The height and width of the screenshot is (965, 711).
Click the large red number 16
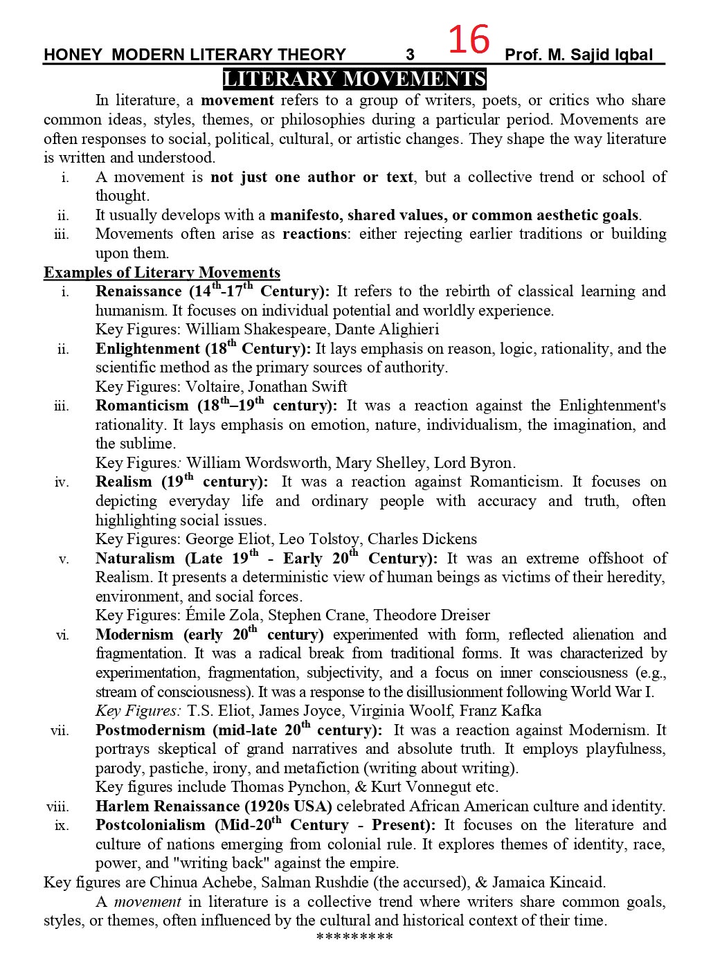click(469, 39)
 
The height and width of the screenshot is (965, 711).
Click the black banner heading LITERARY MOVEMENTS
click(354, 80)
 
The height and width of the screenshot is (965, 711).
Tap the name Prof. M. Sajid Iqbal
click(579, 55)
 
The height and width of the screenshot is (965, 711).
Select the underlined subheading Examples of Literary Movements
click(162, 272)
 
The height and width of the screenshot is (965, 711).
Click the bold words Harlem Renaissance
click(168, 806)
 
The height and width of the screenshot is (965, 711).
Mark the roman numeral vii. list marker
click(60, 730)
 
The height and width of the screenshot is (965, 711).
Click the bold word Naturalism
click(136, 558)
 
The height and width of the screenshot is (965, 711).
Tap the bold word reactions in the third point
click(314, 234)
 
